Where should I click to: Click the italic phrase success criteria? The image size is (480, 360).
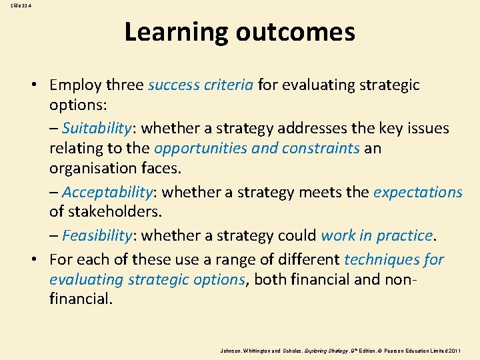(200, 85)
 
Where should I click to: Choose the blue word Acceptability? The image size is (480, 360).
(107, 193)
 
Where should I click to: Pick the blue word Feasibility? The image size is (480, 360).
(97, 236)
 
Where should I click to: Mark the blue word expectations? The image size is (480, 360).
(417, 193)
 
